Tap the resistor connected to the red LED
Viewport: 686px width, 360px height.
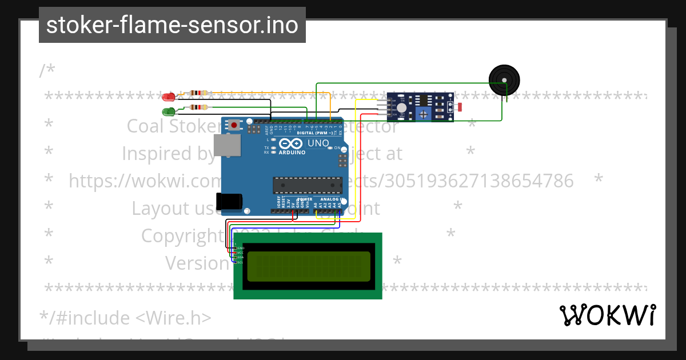tap(197, 93)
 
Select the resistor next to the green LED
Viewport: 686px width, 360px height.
tap(197, 107)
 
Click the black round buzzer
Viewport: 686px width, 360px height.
tap(504, 79)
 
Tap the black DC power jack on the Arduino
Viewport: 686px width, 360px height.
tap(229, 202)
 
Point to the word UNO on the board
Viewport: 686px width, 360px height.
tap(318, 143)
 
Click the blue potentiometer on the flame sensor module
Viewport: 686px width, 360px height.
tap(423, 114)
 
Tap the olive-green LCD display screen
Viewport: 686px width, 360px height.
tap(310, 266)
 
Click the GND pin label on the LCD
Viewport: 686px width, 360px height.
tap(240, 248)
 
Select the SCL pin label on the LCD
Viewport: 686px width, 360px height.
tap(240, 262)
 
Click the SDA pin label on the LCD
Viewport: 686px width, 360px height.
tap(240, 258)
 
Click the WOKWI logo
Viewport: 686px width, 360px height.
tap(607, 315)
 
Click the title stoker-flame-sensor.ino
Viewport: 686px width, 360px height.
tap(172, 25)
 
